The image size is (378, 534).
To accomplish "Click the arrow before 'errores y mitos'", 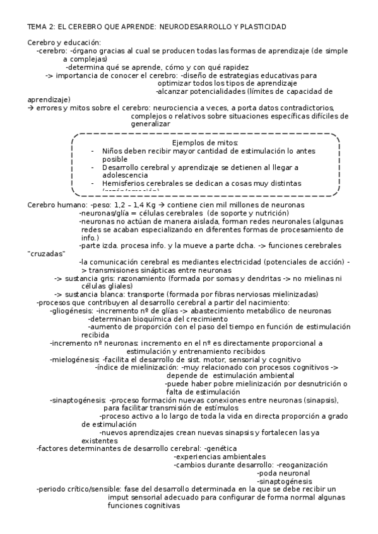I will click(x=31, y=108).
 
